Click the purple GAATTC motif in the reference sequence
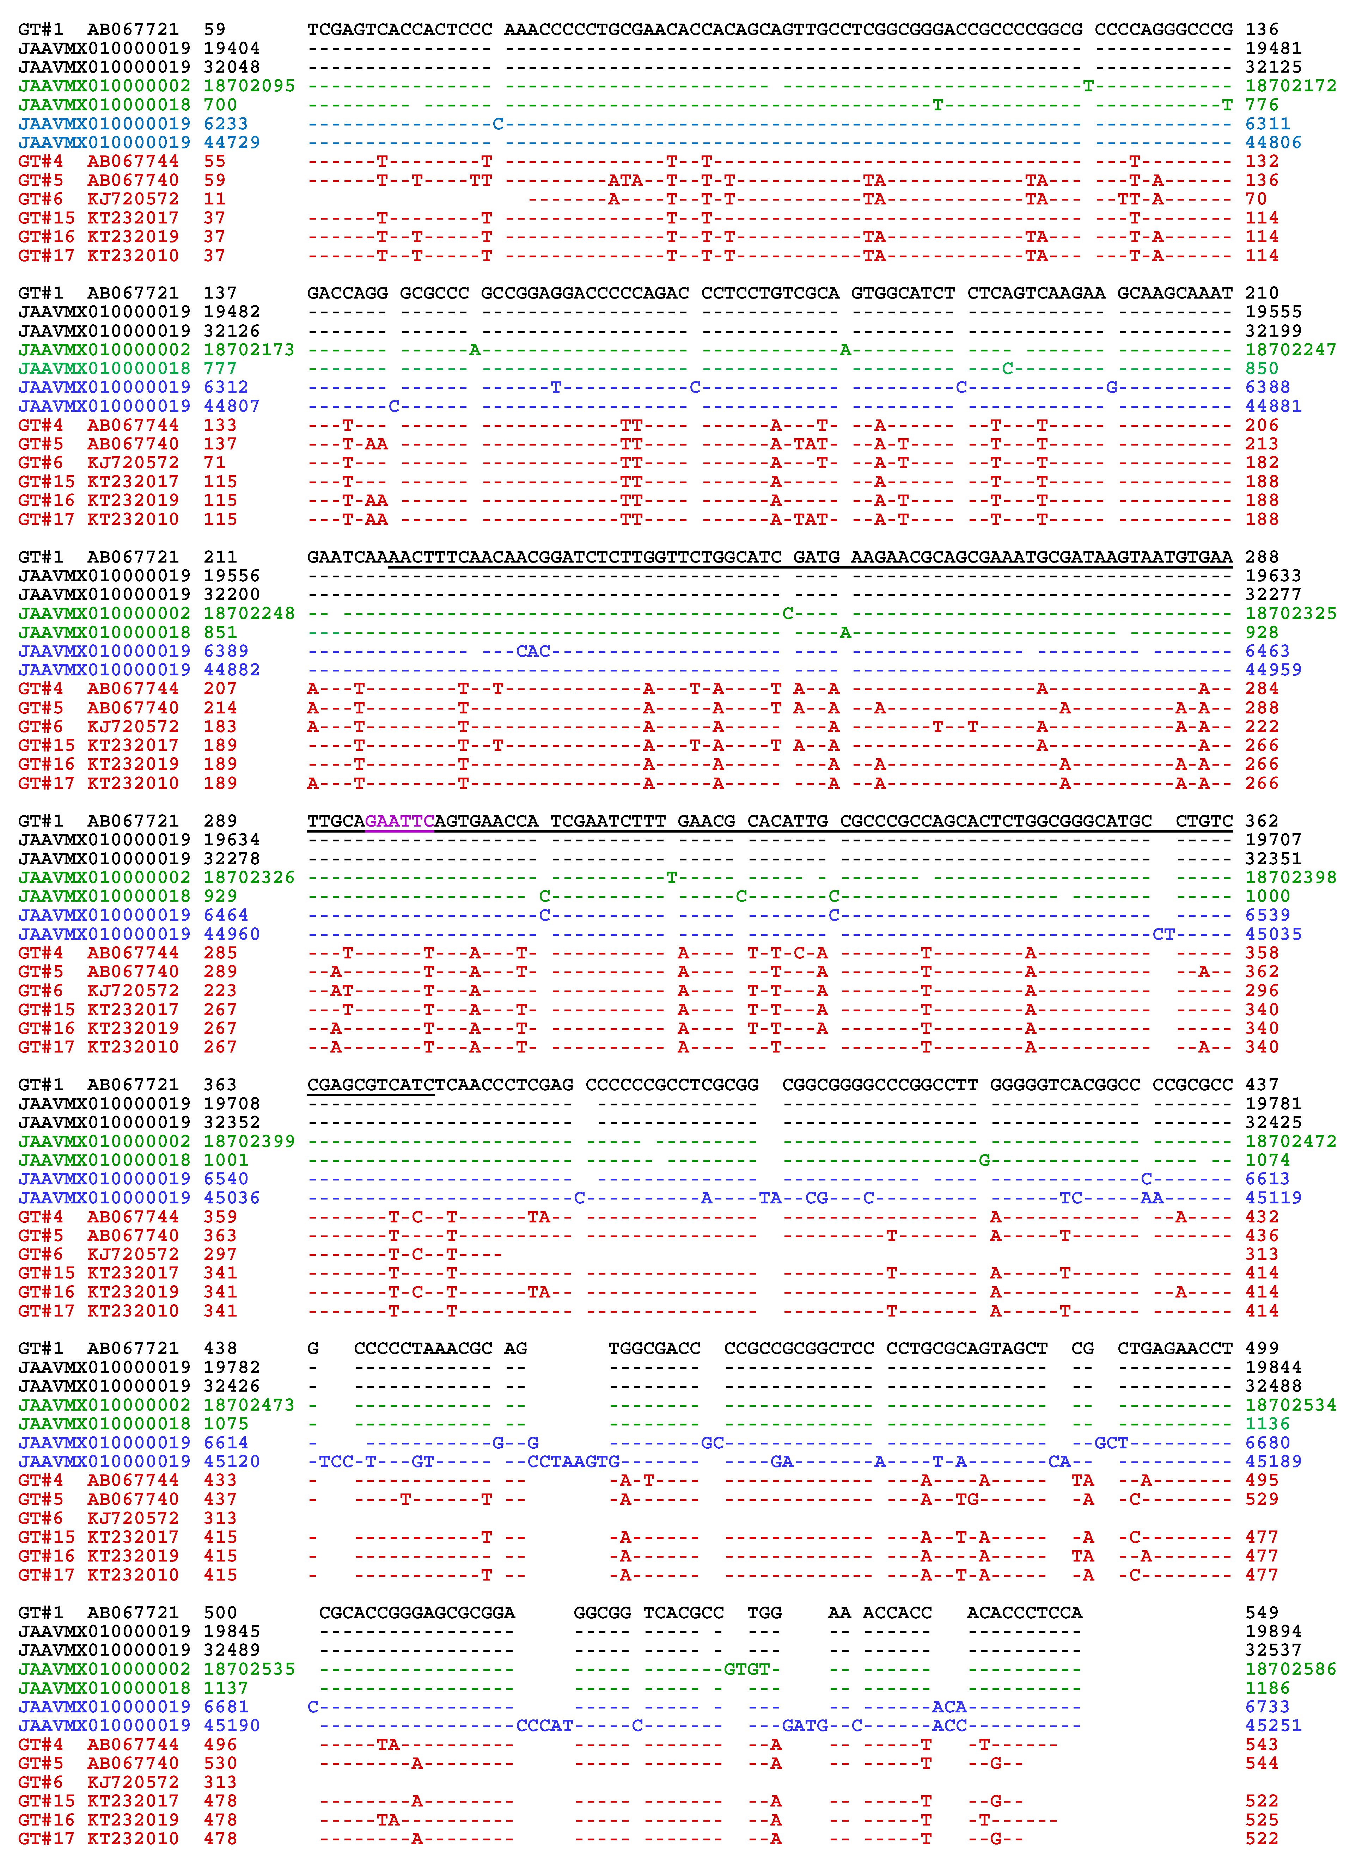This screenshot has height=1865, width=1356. pos(400,821)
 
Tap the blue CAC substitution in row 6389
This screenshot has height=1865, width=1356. pos(533,651)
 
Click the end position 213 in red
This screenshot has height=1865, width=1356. pos(1262,444)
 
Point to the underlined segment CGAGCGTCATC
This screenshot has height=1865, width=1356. pos(370,1085)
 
